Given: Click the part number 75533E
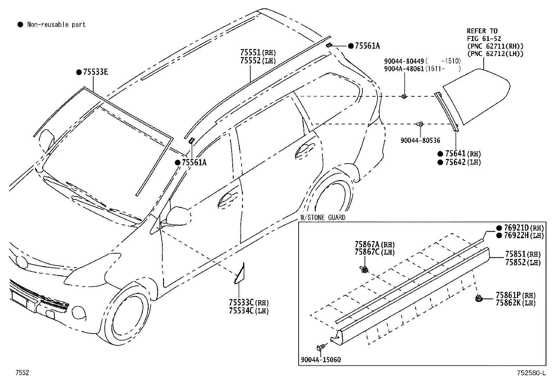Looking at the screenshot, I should click(95, 72).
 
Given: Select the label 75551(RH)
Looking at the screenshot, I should click(258, 53).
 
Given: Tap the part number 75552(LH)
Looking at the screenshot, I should click(258, 61).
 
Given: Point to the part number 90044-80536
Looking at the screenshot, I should click(420, 140).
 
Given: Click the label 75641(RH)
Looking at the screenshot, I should click(463, 154).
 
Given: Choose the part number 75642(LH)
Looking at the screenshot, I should click(463, 162).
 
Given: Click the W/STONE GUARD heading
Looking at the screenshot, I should click(323, 218).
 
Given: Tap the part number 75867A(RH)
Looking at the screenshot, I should click(374, 245).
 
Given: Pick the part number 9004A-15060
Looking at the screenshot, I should click(321, 360).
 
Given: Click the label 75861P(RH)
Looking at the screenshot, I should click(516, 295).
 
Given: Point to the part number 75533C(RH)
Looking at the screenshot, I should click(249, 303).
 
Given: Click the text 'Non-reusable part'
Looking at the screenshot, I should click(56, 25).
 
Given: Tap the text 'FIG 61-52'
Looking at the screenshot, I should click(484, 39).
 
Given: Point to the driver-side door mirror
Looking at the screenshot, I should click(178, 216).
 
